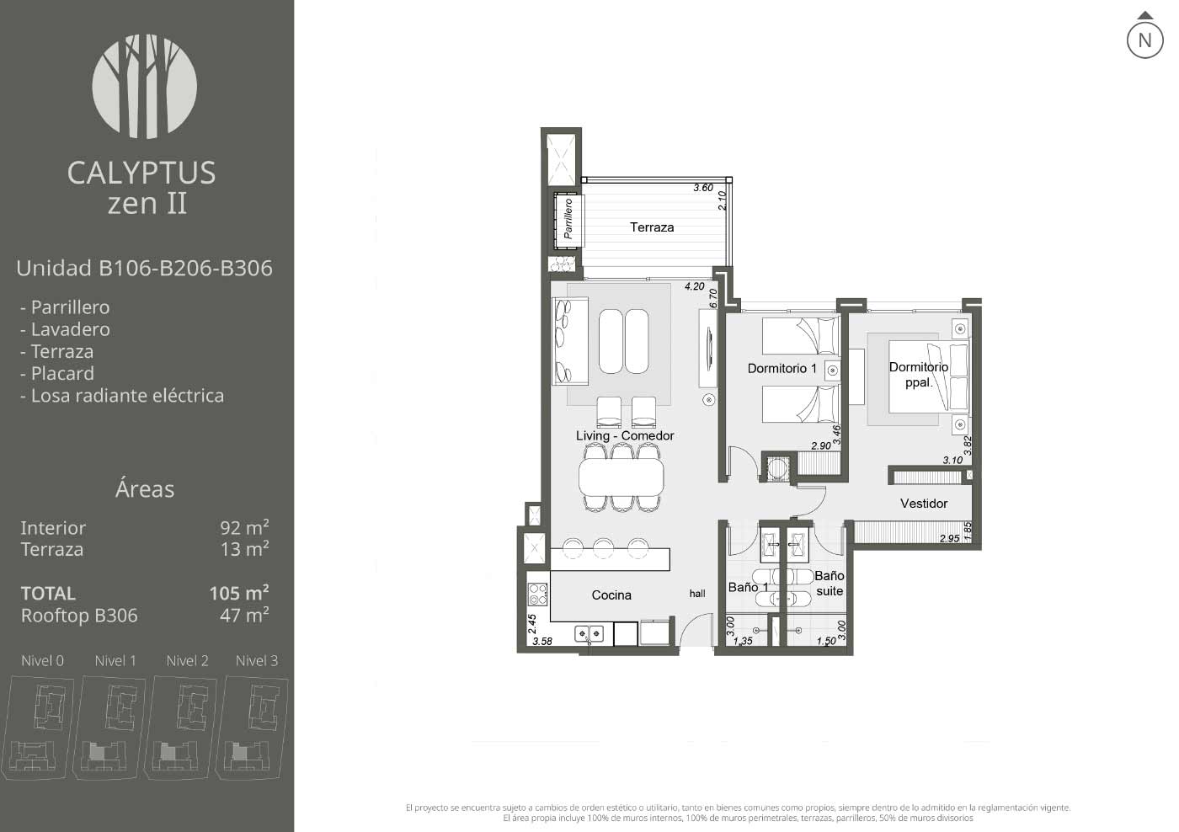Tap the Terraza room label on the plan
click(x=652, y=227)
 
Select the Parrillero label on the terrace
click(x=568, y=218)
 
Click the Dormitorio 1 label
click(x=782, y=368)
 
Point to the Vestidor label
click(x=924, y=504)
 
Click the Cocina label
click(x=611, y=595)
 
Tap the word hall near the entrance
click(x=697, y=594)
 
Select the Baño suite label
click(x=830, y=584)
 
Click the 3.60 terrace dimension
click(x=703, y=188)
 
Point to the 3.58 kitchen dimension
click(x=542, y=642)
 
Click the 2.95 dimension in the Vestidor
click(x=950, y=538)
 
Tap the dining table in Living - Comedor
click(x=622, y=477)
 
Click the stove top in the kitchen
click(x=537, y=595)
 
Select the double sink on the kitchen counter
click(x=589, y=633)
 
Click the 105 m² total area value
click(x=239, y=593)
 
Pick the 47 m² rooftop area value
click(x=244, y=616)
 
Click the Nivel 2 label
click(x=187, y=661)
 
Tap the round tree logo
click(x=145, y=87)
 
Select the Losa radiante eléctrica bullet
click(x=122, y=396)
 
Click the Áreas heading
click(x=145, y=489)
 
